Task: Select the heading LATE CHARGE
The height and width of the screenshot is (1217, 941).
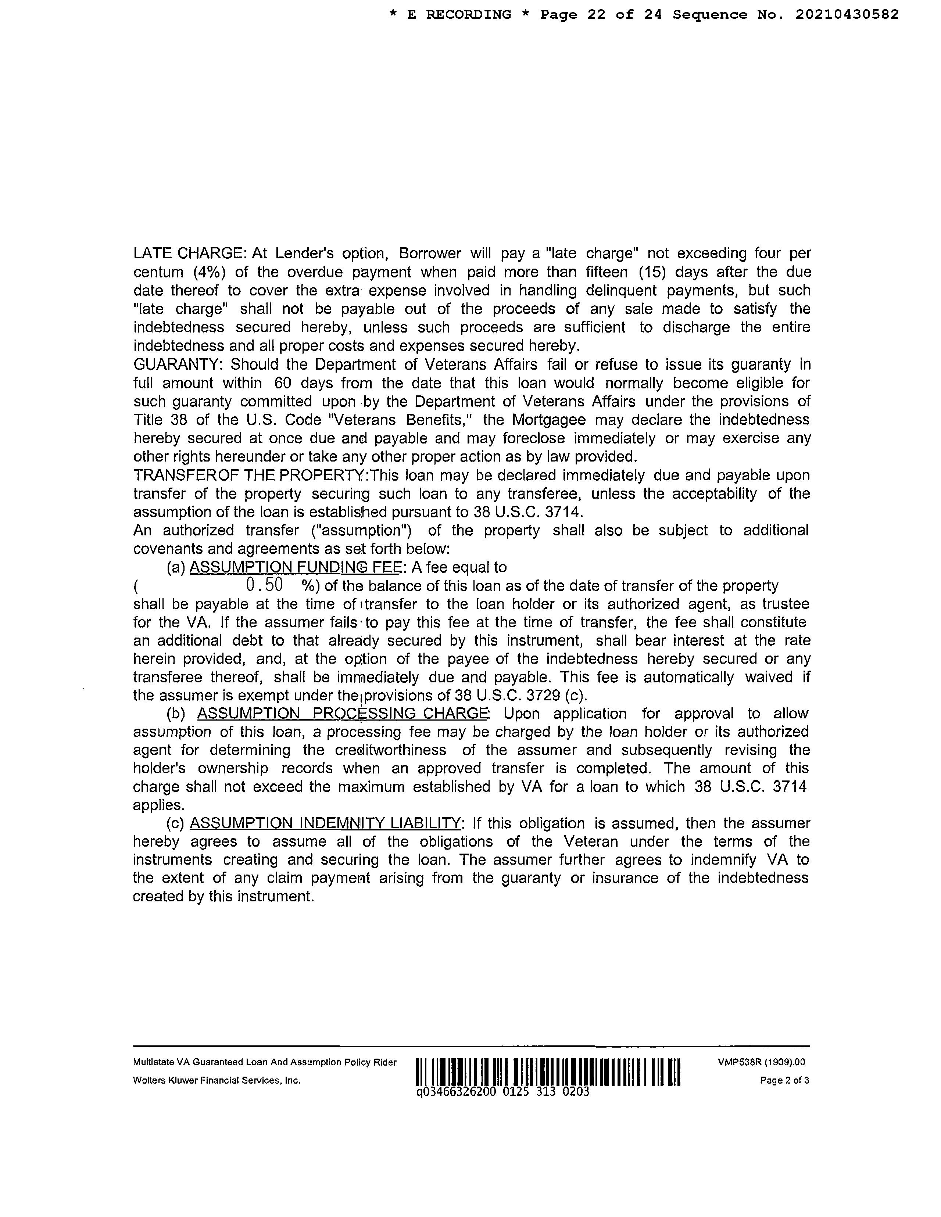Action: point(190,254)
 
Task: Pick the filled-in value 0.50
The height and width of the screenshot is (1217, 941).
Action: point(264,585)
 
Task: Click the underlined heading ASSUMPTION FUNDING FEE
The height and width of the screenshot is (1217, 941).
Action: point(296,567)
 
